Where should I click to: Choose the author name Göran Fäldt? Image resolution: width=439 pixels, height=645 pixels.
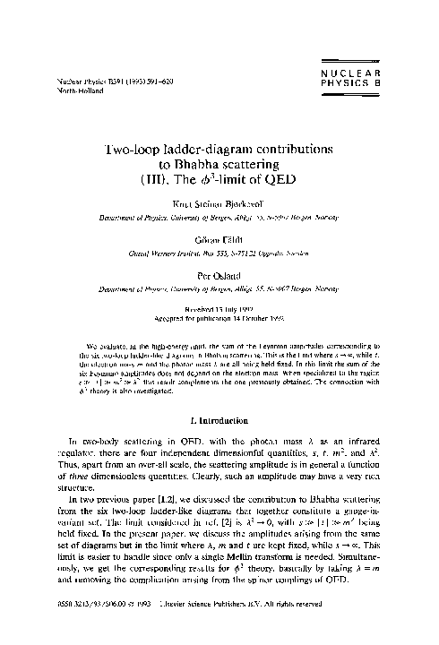click(219, 241)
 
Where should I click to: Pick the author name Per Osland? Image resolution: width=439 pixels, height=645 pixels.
click(219, 277)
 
